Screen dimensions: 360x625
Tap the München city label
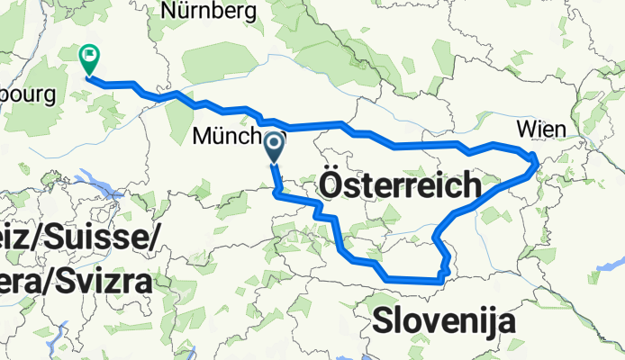[230, 138]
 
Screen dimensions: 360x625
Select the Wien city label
[541, 130]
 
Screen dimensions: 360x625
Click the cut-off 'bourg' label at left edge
[28, 94]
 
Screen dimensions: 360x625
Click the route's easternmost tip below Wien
[536, 163]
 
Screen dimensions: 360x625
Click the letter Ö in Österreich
[332, 188]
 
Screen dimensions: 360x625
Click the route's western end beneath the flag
[88, 78]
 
